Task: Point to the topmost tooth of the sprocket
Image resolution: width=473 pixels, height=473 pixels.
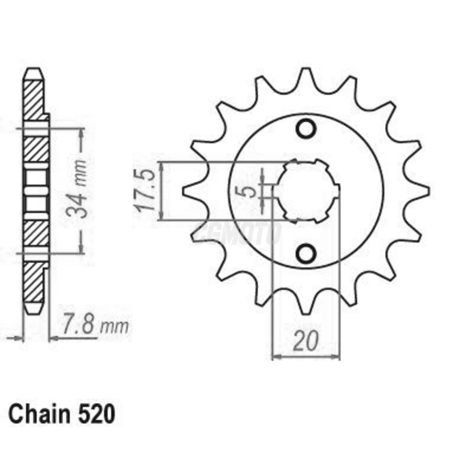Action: (x=306, y=76)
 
